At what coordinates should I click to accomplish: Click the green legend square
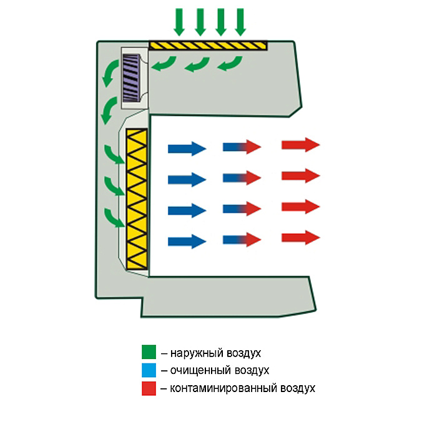pyautogui.click(x=149, y=353)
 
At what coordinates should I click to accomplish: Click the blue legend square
pyautogui.click(x=149, y=371)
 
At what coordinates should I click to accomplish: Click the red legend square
pyautogui.click(x=149, y=388)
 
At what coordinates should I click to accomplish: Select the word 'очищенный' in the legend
pyautogui.click(x=198, y=371)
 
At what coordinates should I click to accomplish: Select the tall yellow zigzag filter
pyautogui.click(x=136, y=199)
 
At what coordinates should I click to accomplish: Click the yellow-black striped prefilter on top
pyautogui.click(x=208, y=46)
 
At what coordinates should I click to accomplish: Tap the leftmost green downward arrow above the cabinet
pyautogui.click(x=180, y=22)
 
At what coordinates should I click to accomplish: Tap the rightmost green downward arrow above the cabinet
pyautogui.click(x=240, y=22)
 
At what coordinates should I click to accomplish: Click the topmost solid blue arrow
pyautogui.click(x=187, y=149)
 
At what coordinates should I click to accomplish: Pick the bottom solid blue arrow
pyautogui.click(x=187, y=241)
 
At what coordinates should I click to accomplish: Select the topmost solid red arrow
pyautogui.click(x=300, y=145)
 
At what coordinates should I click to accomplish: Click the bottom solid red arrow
pyautogui.click(x=300, y=237)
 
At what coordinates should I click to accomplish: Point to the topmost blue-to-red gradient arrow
pyautogui.click(x=242, y=147)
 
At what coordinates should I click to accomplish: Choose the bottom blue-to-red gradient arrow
pyautogui.click(x=242, y=239)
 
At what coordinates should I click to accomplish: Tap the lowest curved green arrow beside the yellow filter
pyautogui.click(x=113, y=217)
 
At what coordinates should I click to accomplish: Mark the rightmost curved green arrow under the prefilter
pyautogui.click(x=230, y=63)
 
